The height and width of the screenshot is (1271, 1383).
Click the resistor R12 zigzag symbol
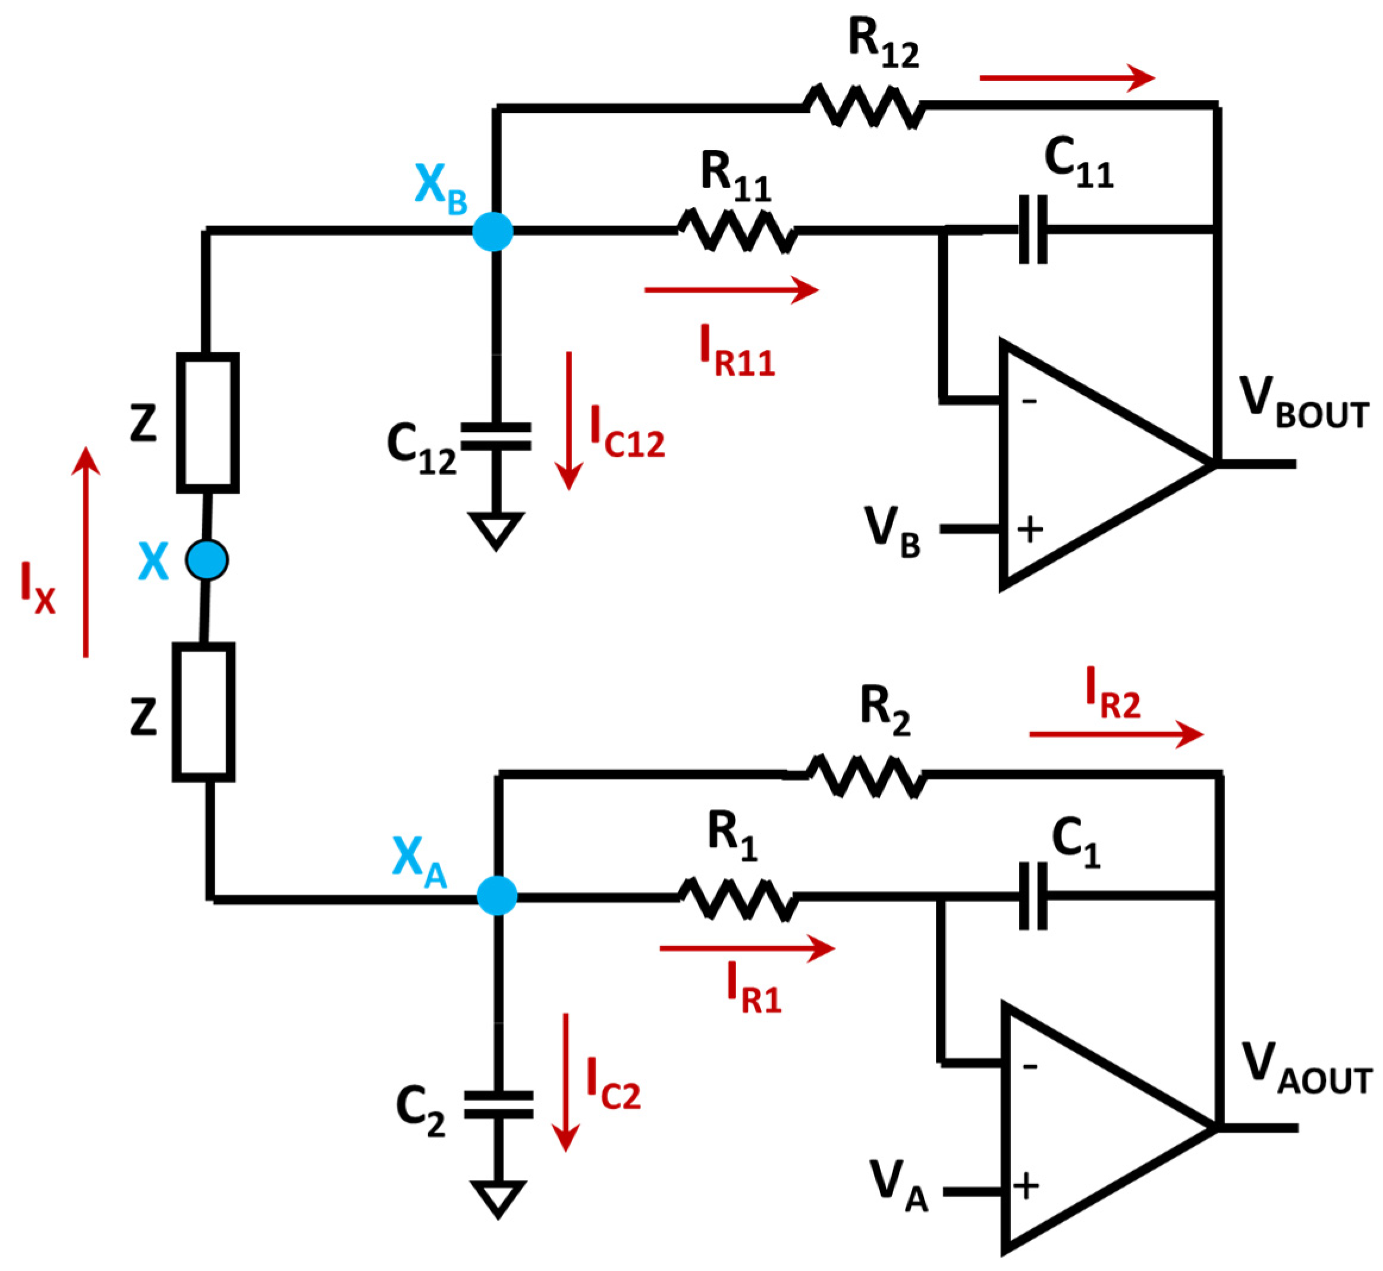(864, 106)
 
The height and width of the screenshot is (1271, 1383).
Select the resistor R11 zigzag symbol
(736, 230)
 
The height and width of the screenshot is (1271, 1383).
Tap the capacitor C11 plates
(1032, 229)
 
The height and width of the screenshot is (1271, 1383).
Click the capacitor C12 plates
(495, 436)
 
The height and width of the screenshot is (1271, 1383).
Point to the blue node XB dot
(492, 231)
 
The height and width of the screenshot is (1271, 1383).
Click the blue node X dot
(207, 560)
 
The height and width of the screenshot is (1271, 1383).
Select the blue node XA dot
(496, 896)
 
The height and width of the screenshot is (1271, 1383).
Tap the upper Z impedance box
(208, 422)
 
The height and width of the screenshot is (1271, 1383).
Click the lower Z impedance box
(203, 712)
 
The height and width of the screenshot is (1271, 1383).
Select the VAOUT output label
(1306, 1070)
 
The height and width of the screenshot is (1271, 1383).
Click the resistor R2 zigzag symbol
(865, 776)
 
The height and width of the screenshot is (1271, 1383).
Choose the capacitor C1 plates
(1032, 896)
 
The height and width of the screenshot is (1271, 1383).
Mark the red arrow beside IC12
(569, 419)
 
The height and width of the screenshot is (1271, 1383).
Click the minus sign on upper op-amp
(1029, 401)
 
